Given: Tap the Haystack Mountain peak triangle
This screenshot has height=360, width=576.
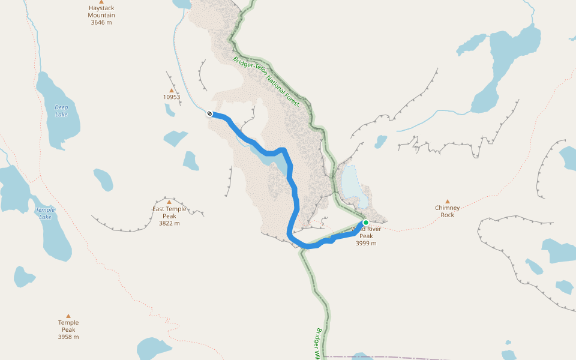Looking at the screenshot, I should coord(101,2).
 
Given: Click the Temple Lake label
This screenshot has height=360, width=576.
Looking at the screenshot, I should coord(45,213).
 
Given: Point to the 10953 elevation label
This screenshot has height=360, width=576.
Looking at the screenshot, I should coord(171,97).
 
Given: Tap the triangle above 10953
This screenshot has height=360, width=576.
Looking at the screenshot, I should coord(171,90).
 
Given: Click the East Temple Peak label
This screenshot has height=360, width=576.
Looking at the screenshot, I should coord(169,212).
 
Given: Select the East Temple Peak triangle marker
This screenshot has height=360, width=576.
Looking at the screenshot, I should coord(169,202).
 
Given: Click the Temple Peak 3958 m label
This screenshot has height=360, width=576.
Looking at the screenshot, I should coord(68,329).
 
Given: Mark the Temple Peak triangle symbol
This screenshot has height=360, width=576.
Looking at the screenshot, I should coord(68,316).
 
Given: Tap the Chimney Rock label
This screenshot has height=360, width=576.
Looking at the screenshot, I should coord(448,211).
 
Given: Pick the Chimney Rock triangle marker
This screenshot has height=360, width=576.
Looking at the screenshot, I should coord(448,202).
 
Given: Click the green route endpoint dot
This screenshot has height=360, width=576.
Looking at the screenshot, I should coord(365,223).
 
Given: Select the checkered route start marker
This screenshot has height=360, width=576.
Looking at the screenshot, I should coord(209,113).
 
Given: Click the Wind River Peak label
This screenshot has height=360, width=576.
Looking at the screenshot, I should coord(366,233).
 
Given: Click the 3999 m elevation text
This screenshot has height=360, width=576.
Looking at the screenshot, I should coord(366,243).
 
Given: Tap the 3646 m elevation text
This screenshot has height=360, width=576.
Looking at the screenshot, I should coord(101,22).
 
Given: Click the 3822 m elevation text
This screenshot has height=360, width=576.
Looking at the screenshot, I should coord(169,223).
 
